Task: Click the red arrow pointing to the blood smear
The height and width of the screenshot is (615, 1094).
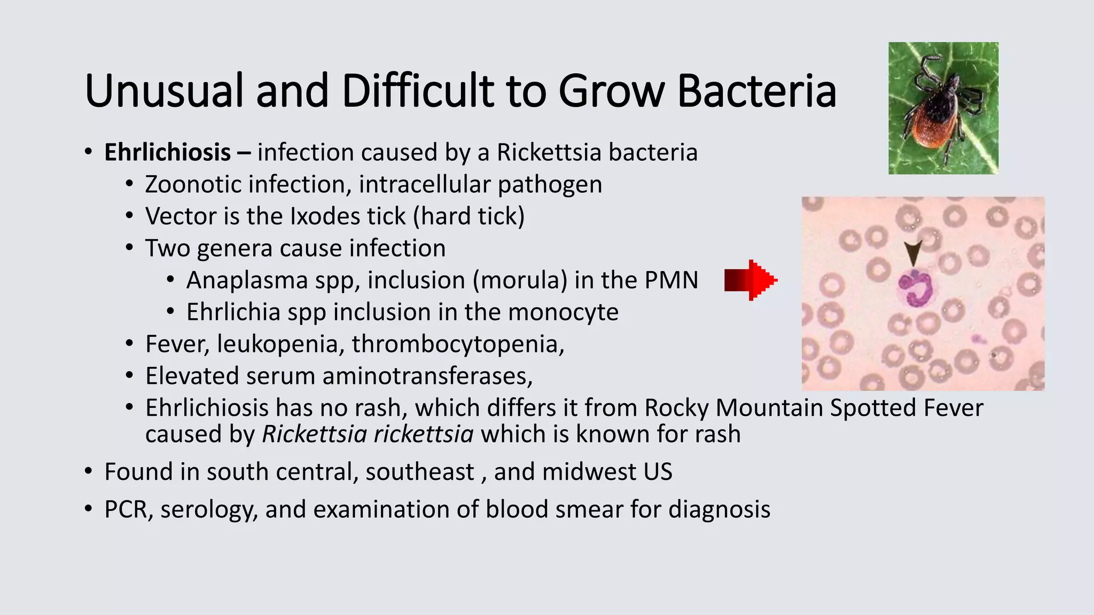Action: pyautogui.click(x=751, y=280)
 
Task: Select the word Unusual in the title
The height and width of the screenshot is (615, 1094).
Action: pyautogui.click(x=163, y=91)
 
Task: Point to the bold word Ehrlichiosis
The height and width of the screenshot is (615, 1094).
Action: pyautogui.click(x=167, y=153)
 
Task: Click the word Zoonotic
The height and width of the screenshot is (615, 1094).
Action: pyautogui.click(x=193, y=185)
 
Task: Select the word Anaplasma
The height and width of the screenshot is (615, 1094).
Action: pyautogui.click(x=246, y=280)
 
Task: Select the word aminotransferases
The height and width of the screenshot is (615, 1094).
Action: pyautogui.click(x=427, y=376)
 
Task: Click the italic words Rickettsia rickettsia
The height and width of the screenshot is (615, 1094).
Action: pyautogui.click(x=368, y=435)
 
